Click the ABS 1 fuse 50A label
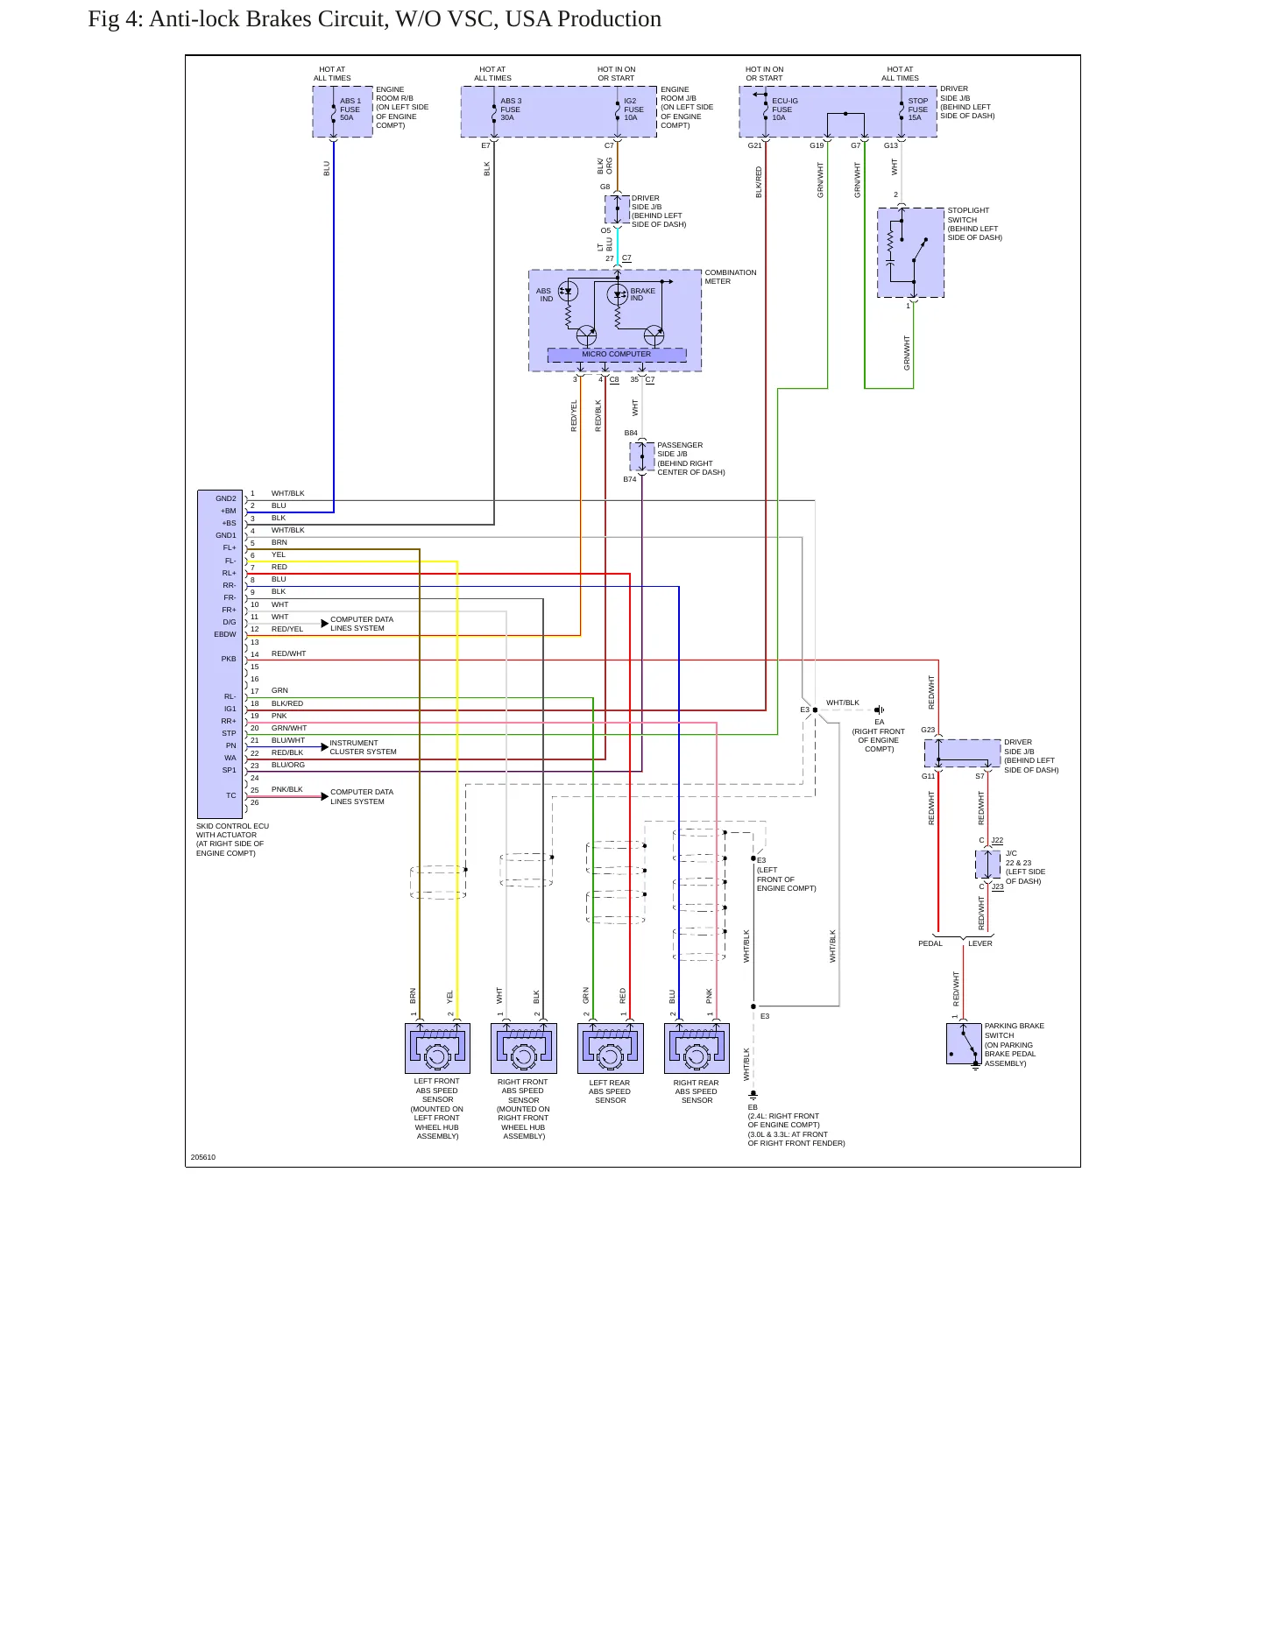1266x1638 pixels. [350, 109]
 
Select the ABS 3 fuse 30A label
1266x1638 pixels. [511, 109]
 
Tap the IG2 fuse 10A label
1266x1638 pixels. [633, 109]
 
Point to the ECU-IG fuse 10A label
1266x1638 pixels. [785, 109]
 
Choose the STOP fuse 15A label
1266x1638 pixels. [917, 109]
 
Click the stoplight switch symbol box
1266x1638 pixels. [911, 252]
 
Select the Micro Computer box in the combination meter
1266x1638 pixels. [617, 355]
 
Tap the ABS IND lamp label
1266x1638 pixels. [545, 294]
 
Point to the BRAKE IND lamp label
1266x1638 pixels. [642, 294]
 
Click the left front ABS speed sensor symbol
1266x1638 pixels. [437, 1048]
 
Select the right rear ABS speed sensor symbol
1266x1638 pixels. [697, 1048]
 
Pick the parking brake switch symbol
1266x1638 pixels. [964, 1043]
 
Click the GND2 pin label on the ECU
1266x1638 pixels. [226, 498]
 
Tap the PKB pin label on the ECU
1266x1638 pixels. [229, 659]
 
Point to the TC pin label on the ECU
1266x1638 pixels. [231, 795]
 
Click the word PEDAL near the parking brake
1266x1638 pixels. [930, 943]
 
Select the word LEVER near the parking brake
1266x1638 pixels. [980, 943]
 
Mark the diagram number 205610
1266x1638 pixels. [203, 1157]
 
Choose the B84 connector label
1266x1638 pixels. [631, 433]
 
